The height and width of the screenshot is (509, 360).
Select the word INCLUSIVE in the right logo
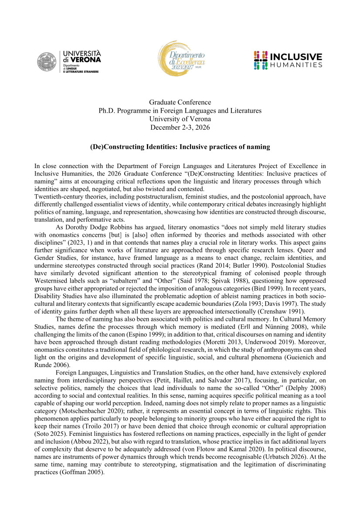point(296,57)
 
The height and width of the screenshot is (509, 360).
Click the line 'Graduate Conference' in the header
point(180,102)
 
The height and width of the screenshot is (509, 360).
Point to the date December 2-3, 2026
point(180,127)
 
